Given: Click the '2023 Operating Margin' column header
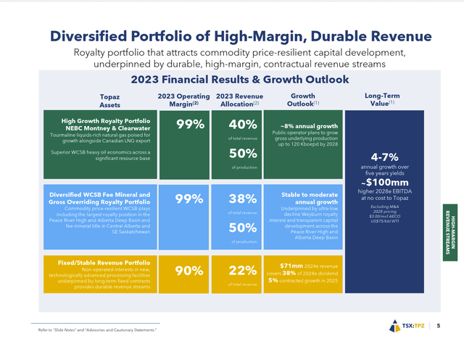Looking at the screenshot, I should coord(183,100).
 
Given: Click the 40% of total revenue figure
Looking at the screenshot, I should coord(244,124).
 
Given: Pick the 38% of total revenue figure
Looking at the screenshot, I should coord(244,199).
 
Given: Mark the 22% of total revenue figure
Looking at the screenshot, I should coord(244,270).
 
